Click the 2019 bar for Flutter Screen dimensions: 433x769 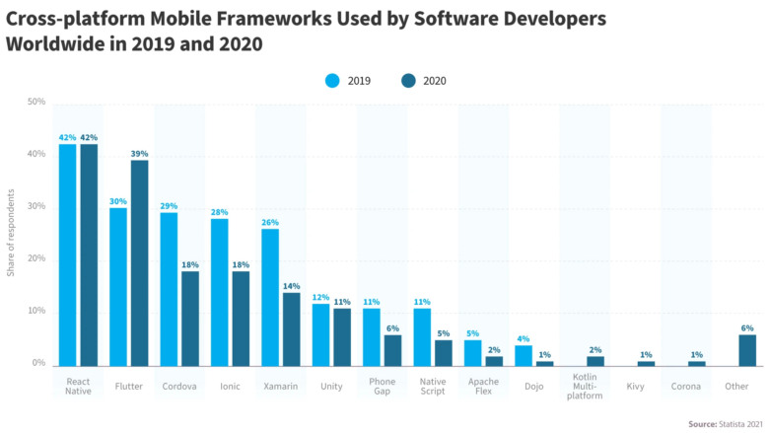118,286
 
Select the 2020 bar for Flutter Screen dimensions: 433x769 140,262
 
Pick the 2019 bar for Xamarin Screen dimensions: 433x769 270,297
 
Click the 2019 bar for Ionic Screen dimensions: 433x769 220,292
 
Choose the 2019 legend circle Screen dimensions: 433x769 332,81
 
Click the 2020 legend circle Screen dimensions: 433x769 409,81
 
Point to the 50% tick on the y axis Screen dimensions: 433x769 36,103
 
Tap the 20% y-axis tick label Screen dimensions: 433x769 36,259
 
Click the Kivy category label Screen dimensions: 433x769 637,387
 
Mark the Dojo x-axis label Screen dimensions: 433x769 534,387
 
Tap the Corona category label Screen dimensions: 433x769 687,387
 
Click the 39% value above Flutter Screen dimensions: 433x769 140,153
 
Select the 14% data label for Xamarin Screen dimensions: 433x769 292,285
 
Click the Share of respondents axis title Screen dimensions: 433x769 11,234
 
